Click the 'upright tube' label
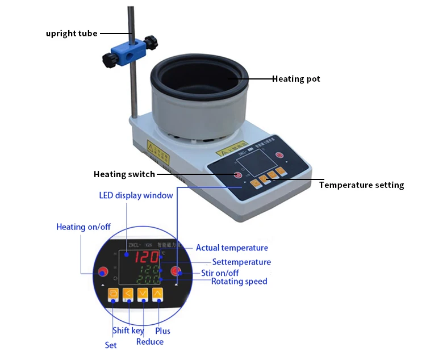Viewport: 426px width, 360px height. pos(72,34)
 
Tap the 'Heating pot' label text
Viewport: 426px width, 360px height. pos(296,79)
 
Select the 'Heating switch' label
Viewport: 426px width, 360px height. pos(124,174)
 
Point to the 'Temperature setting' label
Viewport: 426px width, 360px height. pos(361,185)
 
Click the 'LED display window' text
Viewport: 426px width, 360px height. pos(136,196)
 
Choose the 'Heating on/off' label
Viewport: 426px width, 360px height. pos(83,227)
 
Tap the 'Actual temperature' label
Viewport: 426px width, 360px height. pos(232,248)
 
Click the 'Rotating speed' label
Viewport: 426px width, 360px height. pos(239,282)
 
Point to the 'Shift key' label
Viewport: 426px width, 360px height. pos(128,331)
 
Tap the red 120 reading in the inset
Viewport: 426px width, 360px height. pos(147,258)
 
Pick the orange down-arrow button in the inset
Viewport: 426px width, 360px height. pos(143,294)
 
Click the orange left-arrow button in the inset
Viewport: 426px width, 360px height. pos(128,294)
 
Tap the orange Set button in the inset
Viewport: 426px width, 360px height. pos(113,294)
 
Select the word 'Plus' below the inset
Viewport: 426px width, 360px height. pos(162,331)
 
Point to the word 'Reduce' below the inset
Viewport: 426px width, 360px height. pos(149,342)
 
